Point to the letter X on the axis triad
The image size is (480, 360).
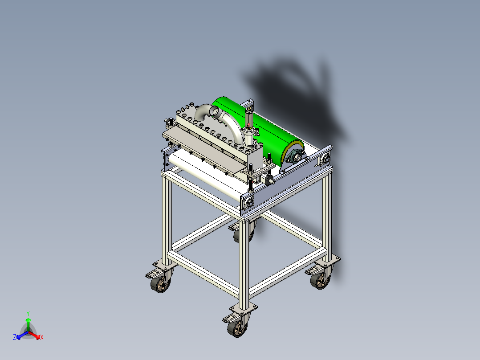41,338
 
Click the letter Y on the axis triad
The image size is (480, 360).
28,313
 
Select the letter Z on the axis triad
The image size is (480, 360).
15,337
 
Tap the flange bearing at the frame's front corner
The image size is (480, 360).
248,202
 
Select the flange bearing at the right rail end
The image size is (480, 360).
325,158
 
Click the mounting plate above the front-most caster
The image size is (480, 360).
244,308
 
